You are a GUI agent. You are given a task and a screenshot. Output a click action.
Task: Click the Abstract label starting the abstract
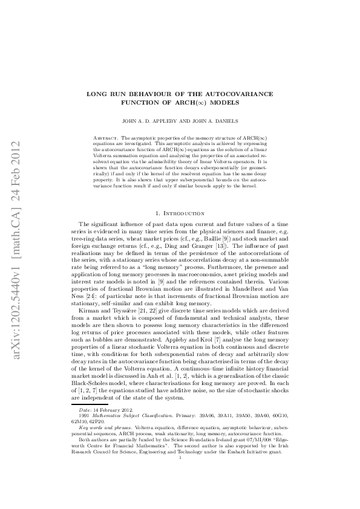[x=111, y=138]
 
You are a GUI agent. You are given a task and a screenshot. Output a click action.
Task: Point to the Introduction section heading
[x=184, y=214]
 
